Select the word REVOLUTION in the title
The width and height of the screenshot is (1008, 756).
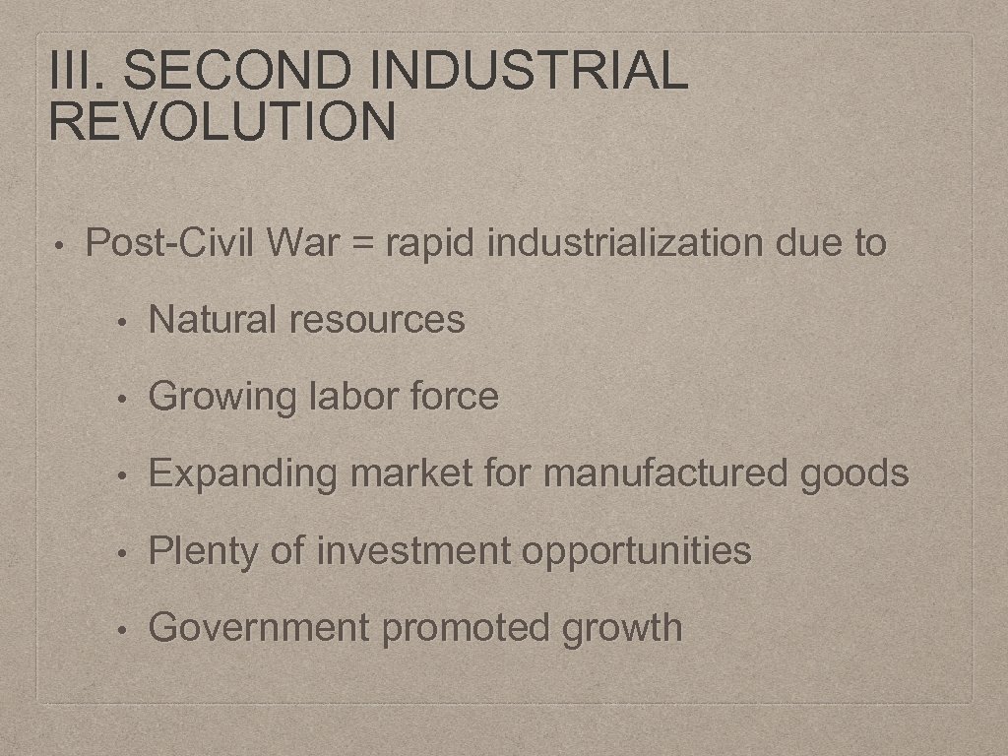click(221, 122)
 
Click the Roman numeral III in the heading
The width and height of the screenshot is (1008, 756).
click(76, 72)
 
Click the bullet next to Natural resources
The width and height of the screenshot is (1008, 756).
click(121, 321)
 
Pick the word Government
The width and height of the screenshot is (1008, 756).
click(259, 627)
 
